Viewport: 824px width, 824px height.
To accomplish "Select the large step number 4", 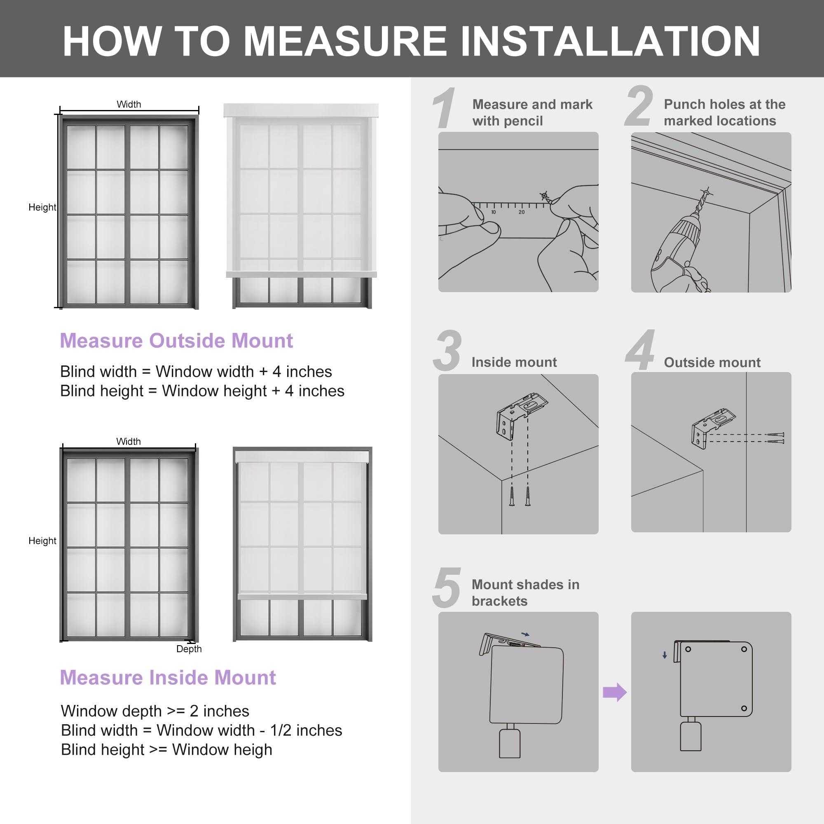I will pyautogui.click(x=640, y=350).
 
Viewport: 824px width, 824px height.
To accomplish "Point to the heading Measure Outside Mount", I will pyautogui.click(x=176, y=341).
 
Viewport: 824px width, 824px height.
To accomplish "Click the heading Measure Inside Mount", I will pyautogui.click(x=168, y=677).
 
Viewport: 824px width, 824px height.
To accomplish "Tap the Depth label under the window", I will pyautogui.click(x=189, y=649).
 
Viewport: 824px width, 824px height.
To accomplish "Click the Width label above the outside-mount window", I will pyautogui.click(x=129, y=105).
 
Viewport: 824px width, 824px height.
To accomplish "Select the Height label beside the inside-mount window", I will pyautogui.click(x=42, y=541).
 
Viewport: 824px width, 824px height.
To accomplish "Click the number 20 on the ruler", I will pyautogui.click(x=521, y=212).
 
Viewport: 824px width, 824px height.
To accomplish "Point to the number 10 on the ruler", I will pyautogui.click(x=493, y=212).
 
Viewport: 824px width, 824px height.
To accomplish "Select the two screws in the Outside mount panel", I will pyautogui.click(x=775, y=438).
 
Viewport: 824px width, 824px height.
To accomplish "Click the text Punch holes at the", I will pyautogui.click(x=724, y=105).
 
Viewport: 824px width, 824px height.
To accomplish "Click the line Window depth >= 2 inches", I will pyautogui.click(x=155, y=711).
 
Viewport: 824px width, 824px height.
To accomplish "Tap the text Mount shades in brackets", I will pyautogui.click(x=525, y=592).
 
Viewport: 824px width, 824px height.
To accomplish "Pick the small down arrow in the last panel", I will pyautogui.click(x=665, y=655).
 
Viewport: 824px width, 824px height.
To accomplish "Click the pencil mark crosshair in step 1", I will pyautogui.click(x=544, y=196).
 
